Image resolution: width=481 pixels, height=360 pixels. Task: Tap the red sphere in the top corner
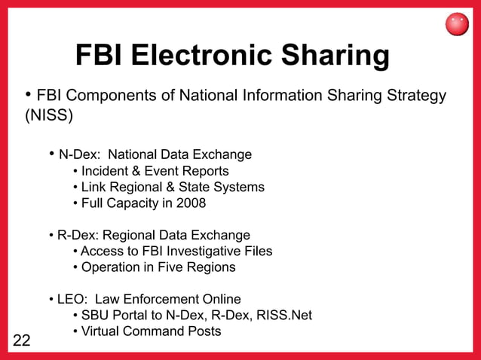point(458,25)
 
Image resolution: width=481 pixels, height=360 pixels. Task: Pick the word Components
point(106,96)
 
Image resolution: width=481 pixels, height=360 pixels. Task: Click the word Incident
point(106,171)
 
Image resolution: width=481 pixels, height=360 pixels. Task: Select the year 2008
point(191,203)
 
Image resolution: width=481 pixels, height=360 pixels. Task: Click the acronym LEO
point(72,299)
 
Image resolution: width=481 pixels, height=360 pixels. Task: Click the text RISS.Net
point(283,315)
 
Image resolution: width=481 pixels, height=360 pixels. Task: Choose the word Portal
point(130,315)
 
